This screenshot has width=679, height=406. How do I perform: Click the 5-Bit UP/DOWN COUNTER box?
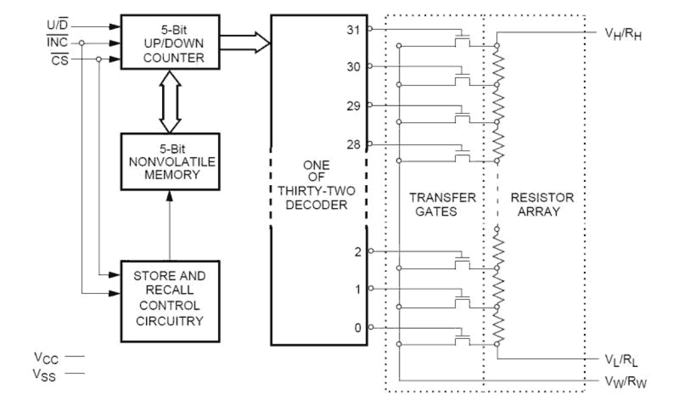pyautogui.click(x=170, y=42)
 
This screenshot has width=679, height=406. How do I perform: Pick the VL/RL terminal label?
pyautogui.click(x=622, y=360)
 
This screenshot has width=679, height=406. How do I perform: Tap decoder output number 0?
pyautogui.click(x=357, y=328)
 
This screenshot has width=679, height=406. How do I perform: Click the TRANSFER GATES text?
pyautogui.click(x=442, y=205)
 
